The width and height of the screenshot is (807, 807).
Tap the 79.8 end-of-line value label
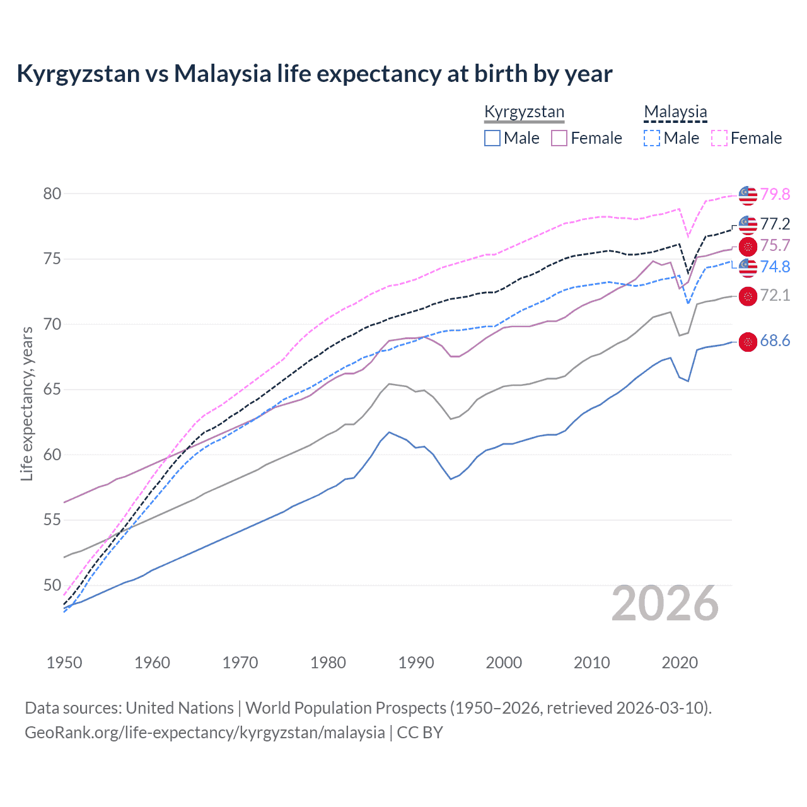pos(775,194)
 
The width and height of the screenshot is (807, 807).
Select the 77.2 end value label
pos(775,224)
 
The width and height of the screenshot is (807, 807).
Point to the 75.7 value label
pos(775,245)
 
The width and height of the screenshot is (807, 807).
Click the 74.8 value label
pos(775,267)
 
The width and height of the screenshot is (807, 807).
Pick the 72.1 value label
pos(775,295)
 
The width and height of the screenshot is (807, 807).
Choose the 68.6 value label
pos(775,341)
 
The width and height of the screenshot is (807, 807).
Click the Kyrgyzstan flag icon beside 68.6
pos(748,342)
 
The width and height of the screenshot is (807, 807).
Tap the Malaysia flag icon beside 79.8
pos(748,195)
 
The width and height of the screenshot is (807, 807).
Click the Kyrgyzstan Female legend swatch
pos(559,138)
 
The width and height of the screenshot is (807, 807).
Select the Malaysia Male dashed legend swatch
pos(652,138)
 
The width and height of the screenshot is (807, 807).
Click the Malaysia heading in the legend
pos(675,112)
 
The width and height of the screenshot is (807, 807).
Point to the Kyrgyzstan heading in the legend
pos(524,112)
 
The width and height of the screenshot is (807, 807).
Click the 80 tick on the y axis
pos(52,194)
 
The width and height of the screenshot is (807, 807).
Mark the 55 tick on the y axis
pos(52,520)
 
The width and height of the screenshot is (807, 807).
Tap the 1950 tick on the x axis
pos(64,663)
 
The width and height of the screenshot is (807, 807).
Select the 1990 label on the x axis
pos(416,663)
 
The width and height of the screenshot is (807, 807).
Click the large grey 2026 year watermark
pos(665,604)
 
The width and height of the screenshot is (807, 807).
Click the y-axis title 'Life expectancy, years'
pos(26,403)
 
